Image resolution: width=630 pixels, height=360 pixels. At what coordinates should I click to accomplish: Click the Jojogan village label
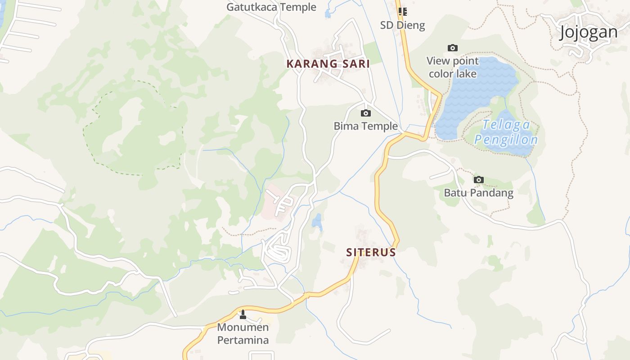589,32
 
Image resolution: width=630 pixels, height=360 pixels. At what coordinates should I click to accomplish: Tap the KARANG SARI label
328,64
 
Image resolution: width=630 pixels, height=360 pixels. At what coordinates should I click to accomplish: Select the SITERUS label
371,252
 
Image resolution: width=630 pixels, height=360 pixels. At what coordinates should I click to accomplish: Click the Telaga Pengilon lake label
506,132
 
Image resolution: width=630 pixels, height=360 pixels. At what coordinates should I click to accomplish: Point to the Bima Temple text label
365,126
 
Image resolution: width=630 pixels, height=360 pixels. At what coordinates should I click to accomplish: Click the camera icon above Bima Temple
366,113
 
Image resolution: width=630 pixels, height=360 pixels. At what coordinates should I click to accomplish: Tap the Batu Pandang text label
478,193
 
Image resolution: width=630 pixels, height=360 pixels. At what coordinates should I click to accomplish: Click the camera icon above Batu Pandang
479,180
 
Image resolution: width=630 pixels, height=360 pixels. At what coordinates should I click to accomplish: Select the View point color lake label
452,67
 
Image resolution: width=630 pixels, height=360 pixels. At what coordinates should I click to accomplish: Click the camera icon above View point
453,48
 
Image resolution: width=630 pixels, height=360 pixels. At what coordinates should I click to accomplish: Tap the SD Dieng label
402,25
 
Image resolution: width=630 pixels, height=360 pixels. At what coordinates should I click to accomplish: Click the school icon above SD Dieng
403,12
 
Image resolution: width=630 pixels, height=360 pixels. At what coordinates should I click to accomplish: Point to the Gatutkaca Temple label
271,7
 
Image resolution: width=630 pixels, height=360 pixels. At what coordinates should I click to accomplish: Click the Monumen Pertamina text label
243,333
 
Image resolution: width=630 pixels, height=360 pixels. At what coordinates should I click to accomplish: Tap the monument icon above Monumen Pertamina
243,314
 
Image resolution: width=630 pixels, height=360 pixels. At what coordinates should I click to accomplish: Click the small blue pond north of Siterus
318,221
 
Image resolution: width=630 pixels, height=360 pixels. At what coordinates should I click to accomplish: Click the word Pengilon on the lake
506,139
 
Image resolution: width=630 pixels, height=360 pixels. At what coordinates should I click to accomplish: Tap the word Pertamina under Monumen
243,340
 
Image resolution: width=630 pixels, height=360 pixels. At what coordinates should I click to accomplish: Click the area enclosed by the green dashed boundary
135,130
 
